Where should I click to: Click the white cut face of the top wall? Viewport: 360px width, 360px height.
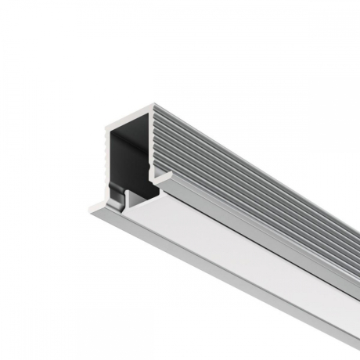(x=129, y=118)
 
